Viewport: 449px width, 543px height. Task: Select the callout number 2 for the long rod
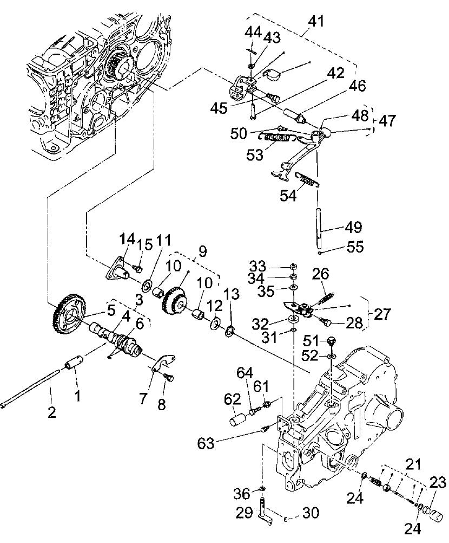pyautogui.click(x=51, y=412)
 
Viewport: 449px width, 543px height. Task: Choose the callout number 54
pyautogui.click(x=288, y=196)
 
